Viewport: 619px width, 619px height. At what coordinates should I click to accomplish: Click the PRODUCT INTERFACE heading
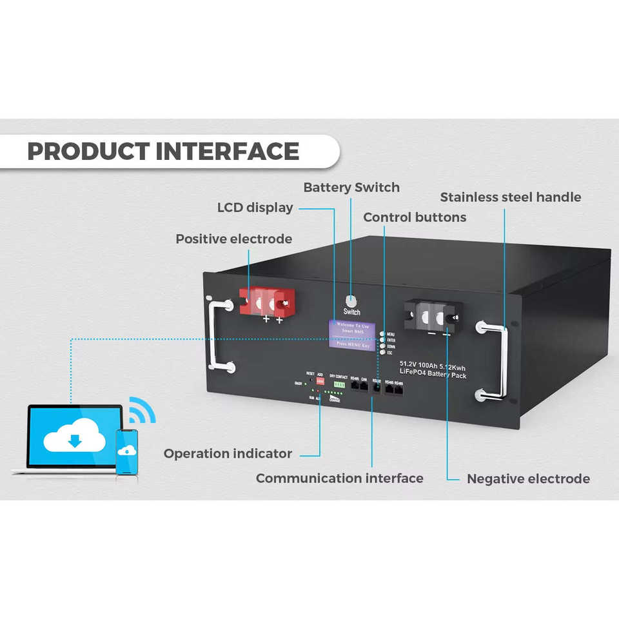click(x=163, y=152)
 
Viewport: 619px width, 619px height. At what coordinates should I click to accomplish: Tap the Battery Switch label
click(x=351, y=188)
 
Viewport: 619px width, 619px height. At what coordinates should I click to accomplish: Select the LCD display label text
click(x=255, y=208)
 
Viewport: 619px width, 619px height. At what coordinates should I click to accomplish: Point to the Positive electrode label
click(x=233, y=239)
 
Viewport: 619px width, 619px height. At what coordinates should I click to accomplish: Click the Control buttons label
click(x=415, y=217)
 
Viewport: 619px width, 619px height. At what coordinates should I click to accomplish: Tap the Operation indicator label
click(x=228, y=454)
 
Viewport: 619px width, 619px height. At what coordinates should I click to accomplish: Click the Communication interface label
click(x=339, y=478)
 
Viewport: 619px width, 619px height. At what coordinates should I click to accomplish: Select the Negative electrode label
click(x=528, y=479)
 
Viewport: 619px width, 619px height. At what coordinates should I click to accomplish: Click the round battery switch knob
click(x=351, y=300)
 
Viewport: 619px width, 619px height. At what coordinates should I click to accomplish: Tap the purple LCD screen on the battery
click(x=352, y=335)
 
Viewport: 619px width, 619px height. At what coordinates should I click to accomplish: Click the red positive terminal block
click(x=267, y=302)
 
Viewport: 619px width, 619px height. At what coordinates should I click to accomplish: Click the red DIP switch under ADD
click(x=320, y=382)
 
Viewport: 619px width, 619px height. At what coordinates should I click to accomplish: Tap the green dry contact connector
click(x=339, y=384)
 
